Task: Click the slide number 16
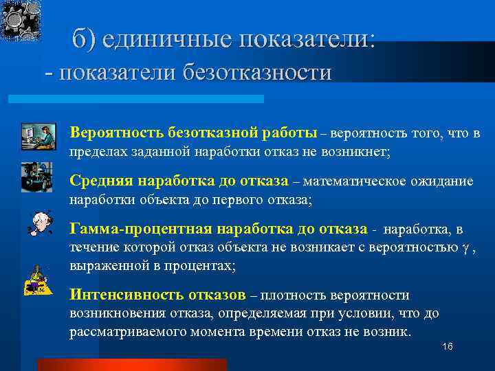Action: pyautogui.click(x=448, y=346)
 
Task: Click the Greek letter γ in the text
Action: pyautogui.click(x=467, y=247)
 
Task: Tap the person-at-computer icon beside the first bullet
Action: pyautogui.click(x=38, y=135)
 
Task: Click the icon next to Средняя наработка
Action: pyautogui.click(x=36, y=177)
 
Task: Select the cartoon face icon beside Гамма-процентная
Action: pyautogui.click(x=35, y=224)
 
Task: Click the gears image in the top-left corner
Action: pyautogui.click(x=20, y=19)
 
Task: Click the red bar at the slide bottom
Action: pyautogui.click(x=131, y=364)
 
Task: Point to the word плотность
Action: pyautogui.click(x=296, y=296)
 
